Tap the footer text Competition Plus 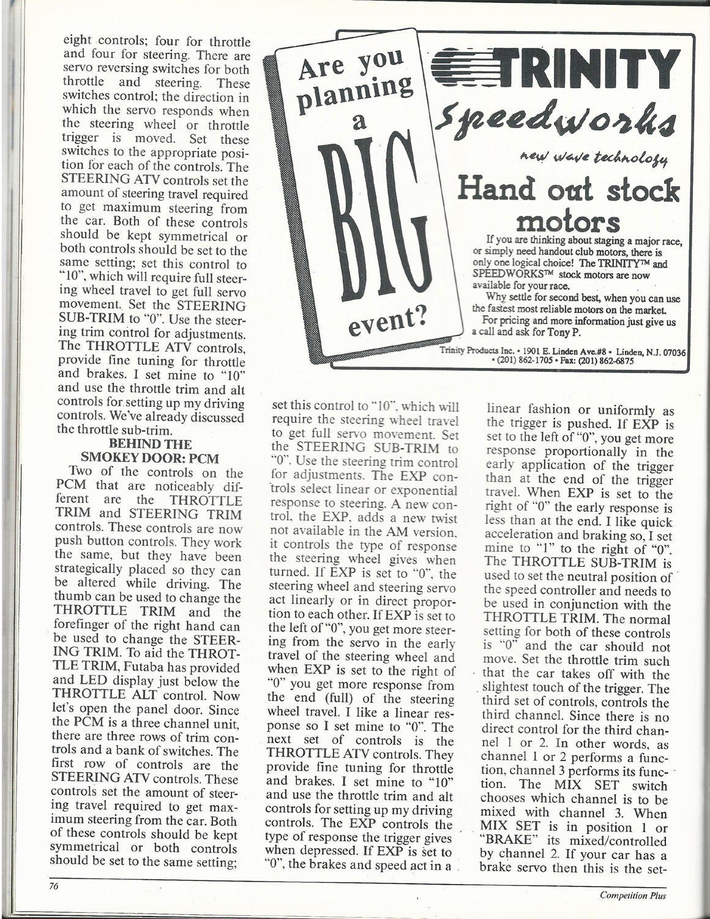[x=633, y=896]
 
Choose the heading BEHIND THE [x=149, y=443]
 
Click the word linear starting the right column [x=509, y=410]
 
